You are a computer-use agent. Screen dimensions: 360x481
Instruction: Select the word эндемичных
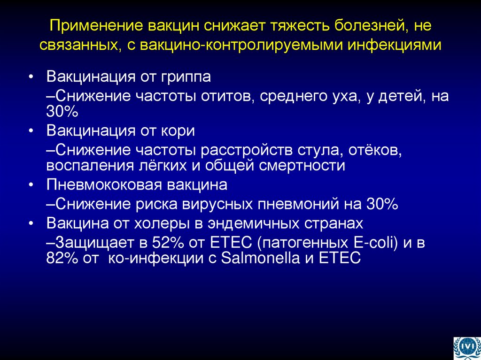point(255,222)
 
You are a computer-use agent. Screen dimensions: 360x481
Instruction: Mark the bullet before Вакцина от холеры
point(31,223)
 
